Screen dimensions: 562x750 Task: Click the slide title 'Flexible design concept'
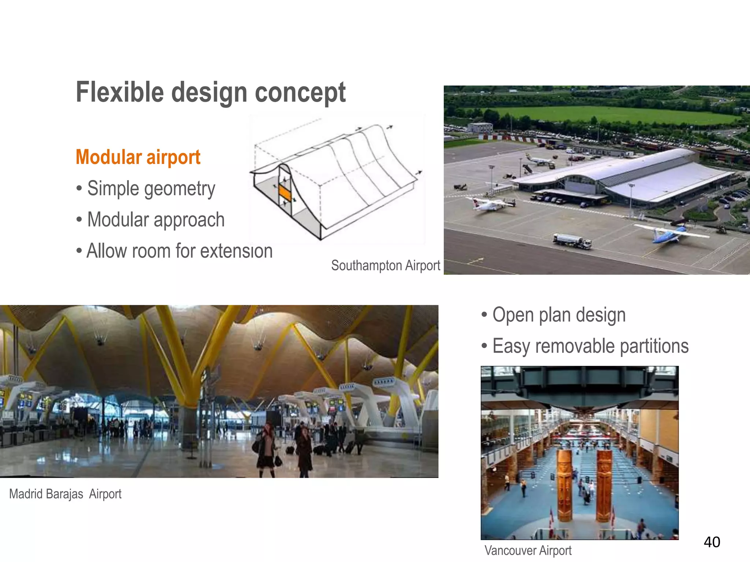click(211, 92)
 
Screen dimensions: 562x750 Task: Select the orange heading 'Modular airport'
click(138, 157)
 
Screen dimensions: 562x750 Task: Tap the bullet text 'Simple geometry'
click(151, 189)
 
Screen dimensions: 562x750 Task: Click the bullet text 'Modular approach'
click(156, 220)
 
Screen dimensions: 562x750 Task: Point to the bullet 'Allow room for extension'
click(179, 251)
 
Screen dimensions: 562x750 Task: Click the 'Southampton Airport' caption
click(385, 265)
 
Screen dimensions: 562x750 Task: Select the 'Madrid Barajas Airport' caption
click(65, 494)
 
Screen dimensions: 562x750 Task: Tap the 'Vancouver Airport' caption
click(528, 550)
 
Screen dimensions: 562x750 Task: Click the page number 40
click(712, 542)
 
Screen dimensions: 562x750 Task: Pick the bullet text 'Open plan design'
click(559, 315)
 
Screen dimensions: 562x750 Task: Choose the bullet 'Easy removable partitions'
click(590, 346)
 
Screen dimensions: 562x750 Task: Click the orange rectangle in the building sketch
click(285, 193)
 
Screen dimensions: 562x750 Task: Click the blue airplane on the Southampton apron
click(670, 233)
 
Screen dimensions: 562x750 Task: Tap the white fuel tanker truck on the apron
click(572, 241)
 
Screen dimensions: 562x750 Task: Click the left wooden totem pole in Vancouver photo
click(564, 485)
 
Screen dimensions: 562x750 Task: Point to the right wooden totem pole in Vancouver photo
click(604, 485)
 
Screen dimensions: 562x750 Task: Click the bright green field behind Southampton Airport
click(615, 114)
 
